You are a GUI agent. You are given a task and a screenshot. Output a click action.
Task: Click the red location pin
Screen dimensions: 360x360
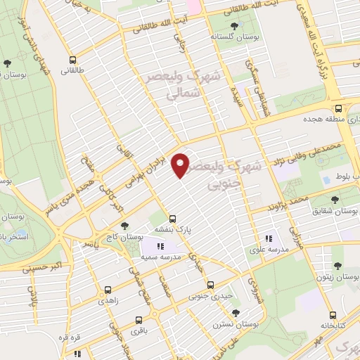tap(181, 165)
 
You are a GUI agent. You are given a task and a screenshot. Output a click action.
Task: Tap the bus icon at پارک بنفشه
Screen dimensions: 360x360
tap(173, 219)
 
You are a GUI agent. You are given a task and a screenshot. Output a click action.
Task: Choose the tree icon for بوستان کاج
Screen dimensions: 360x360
tap(125, 226)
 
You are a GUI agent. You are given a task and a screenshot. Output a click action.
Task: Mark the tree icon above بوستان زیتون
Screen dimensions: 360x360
tap(338, 266)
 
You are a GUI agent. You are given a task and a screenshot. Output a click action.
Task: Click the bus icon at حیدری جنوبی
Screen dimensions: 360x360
tap(211, 285)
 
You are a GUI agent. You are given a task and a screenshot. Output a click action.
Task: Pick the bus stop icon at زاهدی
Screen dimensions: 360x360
tap(108, 289)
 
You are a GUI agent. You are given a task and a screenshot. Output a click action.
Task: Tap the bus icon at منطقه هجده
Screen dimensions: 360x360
tap(338, 108)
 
